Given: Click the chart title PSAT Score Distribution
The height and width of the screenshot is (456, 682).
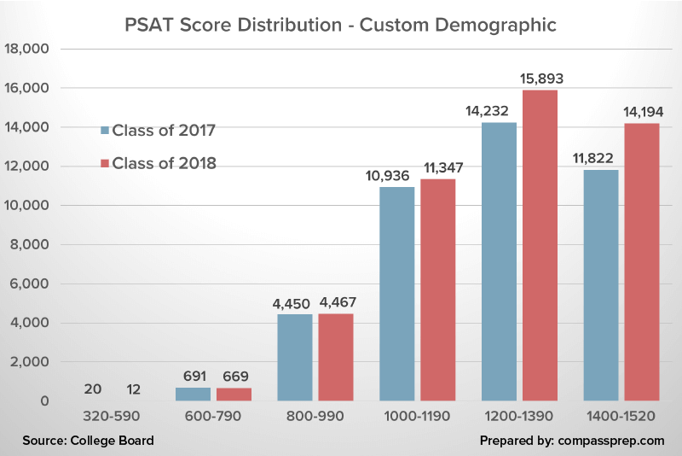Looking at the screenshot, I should tap(340, 25).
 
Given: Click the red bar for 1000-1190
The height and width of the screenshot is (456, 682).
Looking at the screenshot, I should tap(437, 289).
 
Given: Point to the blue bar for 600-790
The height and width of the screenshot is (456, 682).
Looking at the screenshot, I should tap(193, 394).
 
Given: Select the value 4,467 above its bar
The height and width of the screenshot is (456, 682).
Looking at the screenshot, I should tap(336, 303).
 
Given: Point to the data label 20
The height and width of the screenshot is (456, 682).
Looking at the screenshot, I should tap(94, 389).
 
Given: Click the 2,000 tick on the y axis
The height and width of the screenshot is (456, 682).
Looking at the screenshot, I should tap(32, 362).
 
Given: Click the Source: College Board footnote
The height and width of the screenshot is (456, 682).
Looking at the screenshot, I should tap(90, 441).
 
